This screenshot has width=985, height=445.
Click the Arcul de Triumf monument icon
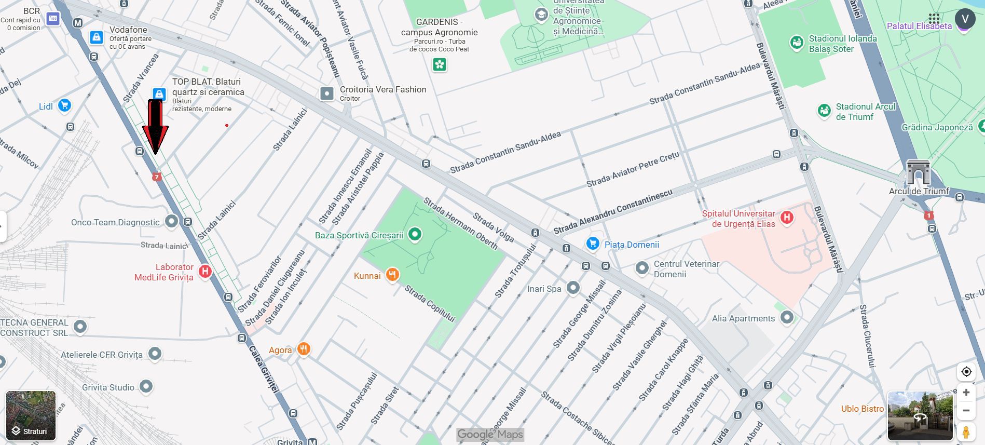[918, 172]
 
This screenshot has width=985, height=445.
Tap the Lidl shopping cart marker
[64, 105]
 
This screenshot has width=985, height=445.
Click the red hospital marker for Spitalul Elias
[787, 218]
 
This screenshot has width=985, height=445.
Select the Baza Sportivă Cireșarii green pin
[414, 234]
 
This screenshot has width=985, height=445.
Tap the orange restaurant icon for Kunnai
[392, 275]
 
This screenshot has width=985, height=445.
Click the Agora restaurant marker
[304, 349]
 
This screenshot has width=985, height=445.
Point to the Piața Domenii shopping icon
[592, 244]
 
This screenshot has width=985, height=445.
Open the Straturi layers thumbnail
[31, 415]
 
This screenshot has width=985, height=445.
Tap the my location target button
[966, 372]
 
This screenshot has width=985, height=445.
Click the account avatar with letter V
[965, 19]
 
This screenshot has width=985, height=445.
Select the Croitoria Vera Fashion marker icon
[327, 93]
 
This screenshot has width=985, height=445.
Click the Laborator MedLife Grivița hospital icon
[205, 271]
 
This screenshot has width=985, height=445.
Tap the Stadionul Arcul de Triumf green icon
[824, 110]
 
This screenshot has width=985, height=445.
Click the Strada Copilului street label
[430, 304]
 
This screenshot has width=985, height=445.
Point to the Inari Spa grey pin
[573, 288]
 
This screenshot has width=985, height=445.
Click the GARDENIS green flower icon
[440, 64]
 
